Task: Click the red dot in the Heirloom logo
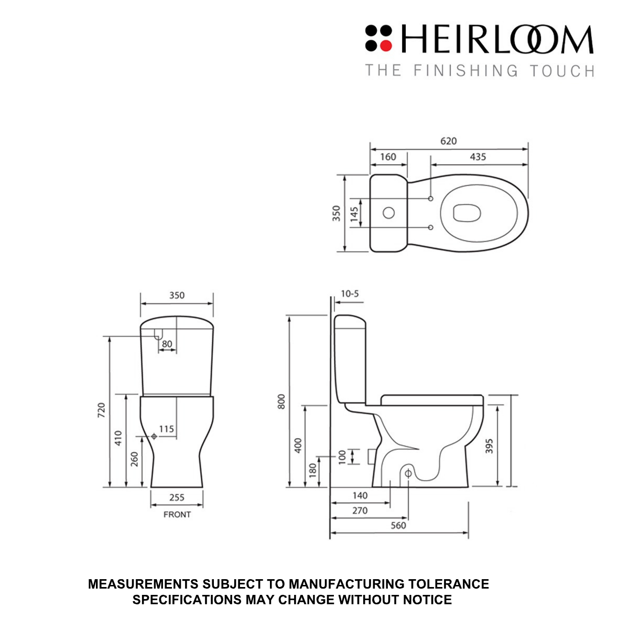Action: pos(386,46)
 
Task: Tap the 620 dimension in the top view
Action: pos(448,141)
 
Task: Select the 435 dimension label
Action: pos(477,157)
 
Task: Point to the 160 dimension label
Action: pos(388,157)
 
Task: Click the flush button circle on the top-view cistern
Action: pos(388,213)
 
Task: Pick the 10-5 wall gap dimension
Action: pos(350,294)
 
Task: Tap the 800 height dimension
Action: pos(281,401)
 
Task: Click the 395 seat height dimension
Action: pos(489,446)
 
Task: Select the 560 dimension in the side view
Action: pos(398,525)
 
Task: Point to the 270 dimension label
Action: pos(360,511)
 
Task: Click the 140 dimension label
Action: pos(360,495)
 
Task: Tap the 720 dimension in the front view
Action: pos(102,410)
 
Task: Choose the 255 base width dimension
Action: pos(177,497)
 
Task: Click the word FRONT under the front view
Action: pos(177,515)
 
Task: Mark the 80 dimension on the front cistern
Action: pos(167,344)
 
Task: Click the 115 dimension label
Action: pos(166,429)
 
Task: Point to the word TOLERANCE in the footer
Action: pos(448,584)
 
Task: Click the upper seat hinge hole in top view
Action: pos(431,199)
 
